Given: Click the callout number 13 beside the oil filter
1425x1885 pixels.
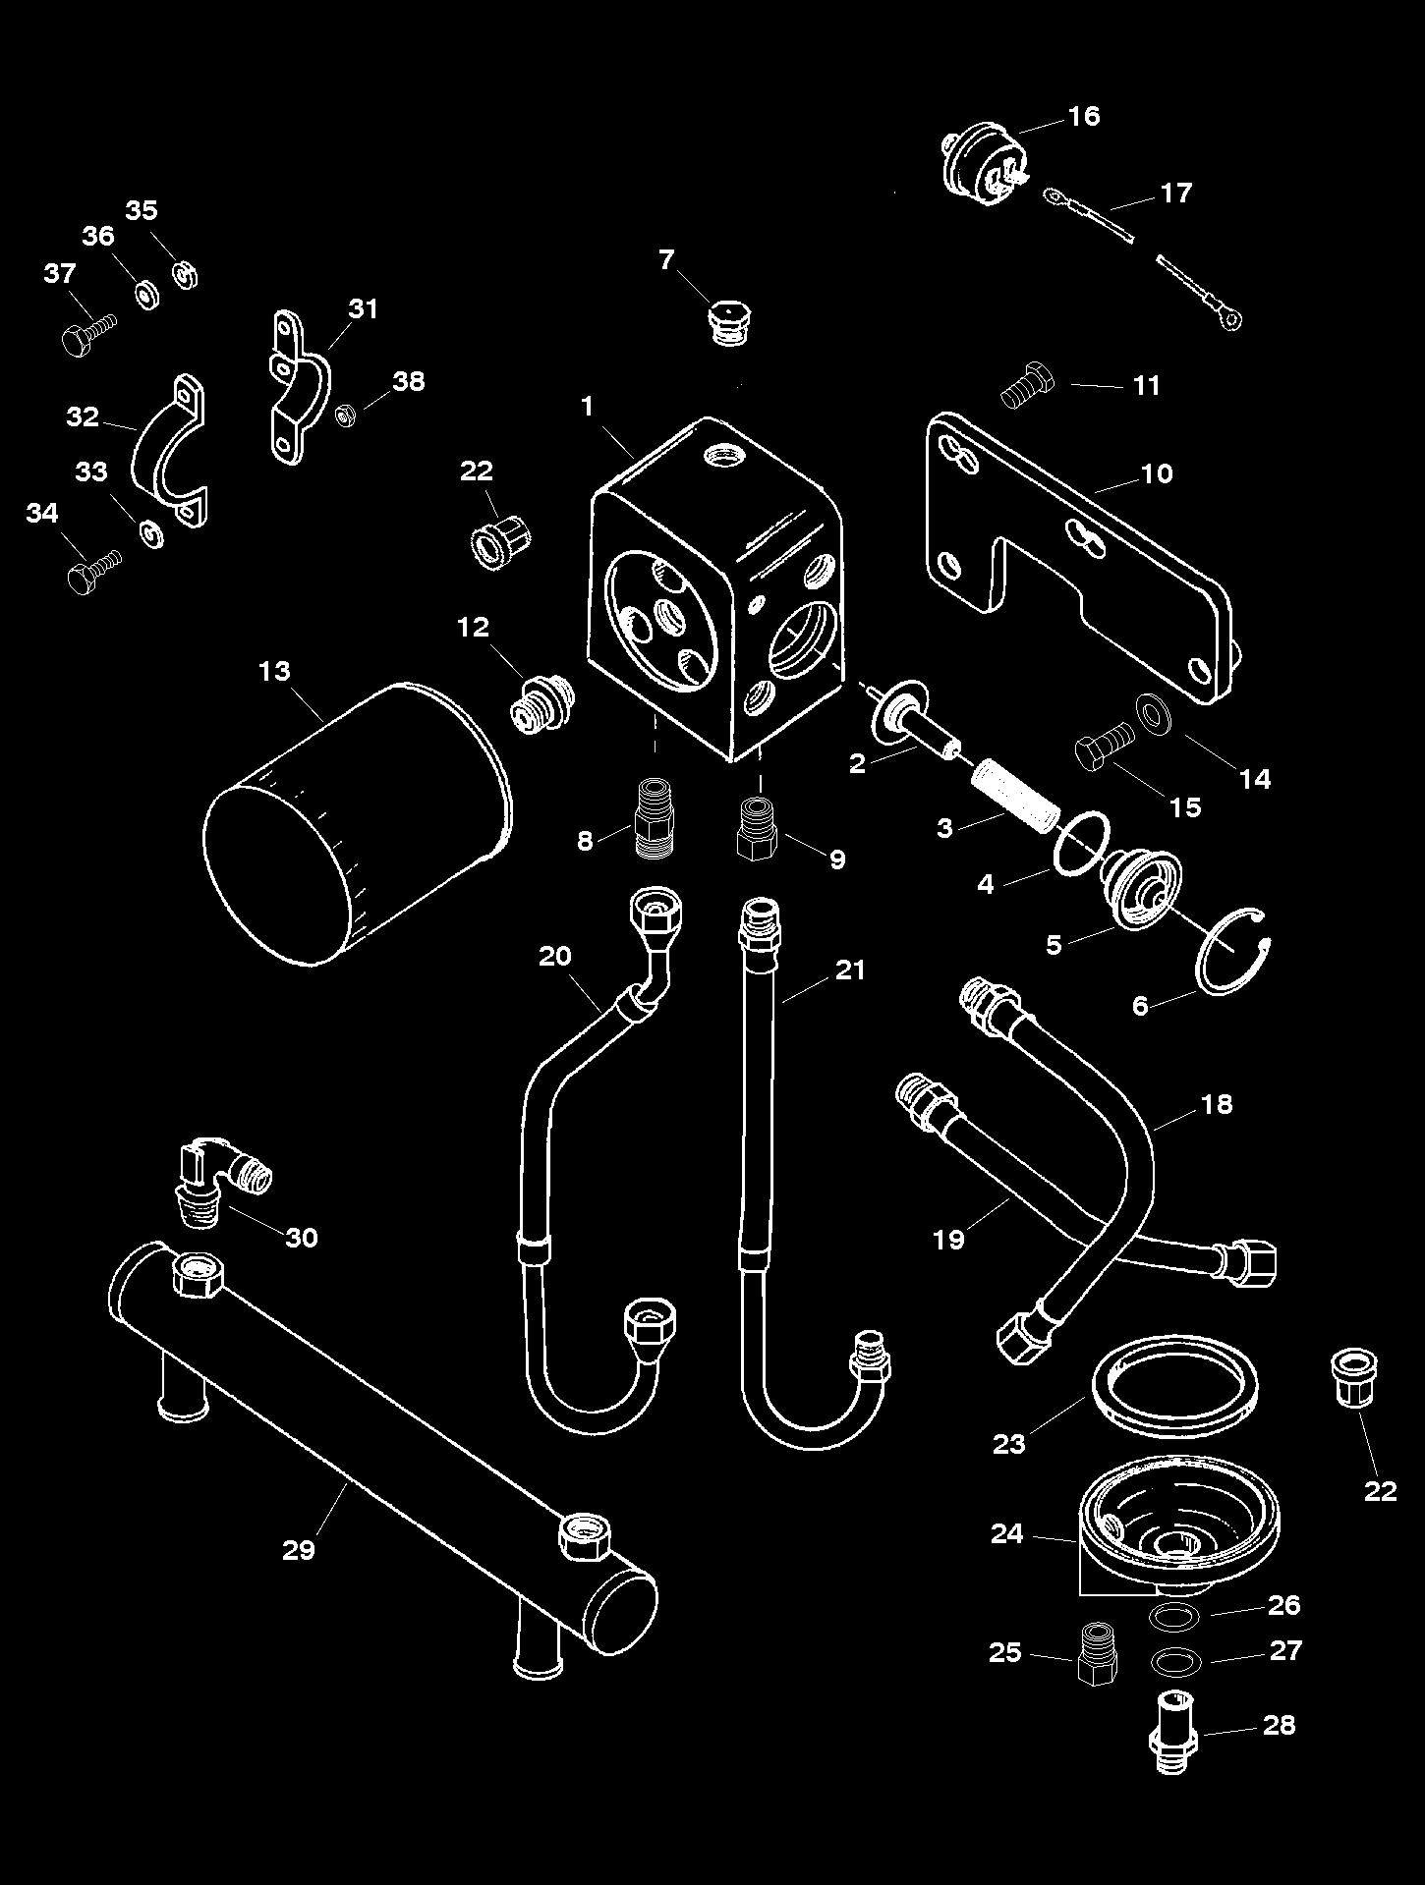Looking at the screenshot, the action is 274,671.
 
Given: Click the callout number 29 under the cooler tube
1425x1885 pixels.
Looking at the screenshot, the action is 299,1550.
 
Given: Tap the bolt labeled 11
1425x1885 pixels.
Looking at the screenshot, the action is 1026,387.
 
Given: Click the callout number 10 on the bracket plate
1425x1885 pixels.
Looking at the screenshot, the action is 1157,473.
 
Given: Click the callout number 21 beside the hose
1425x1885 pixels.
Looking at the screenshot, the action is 849,970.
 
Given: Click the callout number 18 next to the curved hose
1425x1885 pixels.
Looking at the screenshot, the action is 1217,1104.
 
